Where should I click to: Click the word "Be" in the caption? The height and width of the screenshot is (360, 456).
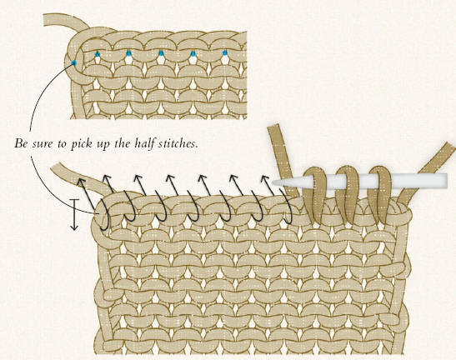[x=20, y=143]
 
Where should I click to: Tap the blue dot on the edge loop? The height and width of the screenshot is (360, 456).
[x=73, y=62]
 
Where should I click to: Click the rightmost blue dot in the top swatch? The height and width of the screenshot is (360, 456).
[x=224, y=53]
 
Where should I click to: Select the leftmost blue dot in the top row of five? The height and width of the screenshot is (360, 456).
[x=98, y=54]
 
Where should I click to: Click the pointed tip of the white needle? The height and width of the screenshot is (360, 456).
[x=273, y=182]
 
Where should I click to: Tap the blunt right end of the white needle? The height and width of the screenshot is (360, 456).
[x=446, y=181]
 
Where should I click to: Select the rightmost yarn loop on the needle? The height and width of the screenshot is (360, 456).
[x=379, y=195]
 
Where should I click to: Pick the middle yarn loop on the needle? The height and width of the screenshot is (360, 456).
[x=348, y=195]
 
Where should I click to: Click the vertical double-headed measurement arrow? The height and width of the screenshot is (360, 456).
[x=75, y=215]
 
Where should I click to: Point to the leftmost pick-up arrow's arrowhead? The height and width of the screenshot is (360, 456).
[x=81, y=182]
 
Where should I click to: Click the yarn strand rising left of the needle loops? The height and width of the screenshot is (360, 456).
[x=284, y=162]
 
